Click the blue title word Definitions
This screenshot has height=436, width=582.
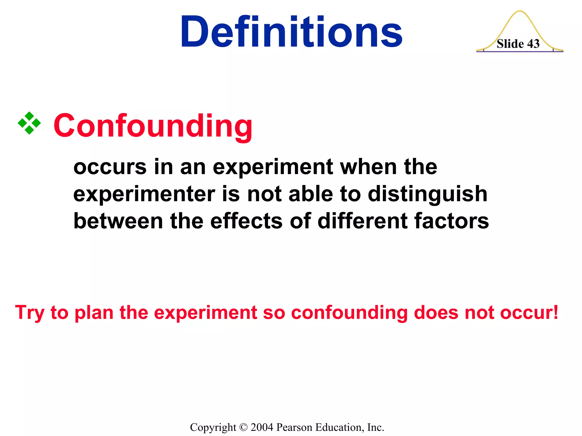291,32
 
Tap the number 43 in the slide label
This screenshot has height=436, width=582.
533,44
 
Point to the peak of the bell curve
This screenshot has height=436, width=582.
519,12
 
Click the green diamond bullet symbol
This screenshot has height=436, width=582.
29,123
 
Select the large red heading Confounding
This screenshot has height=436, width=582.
153,125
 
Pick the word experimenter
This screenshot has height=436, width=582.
144,194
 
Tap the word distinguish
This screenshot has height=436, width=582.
428,195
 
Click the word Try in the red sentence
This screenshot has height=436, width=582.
30,313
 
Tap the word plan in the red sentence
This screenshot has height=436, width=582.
94,313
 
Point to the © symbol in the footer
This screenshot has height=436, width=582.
244,427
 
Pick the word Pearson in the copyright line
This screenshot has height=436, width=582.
294,427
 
